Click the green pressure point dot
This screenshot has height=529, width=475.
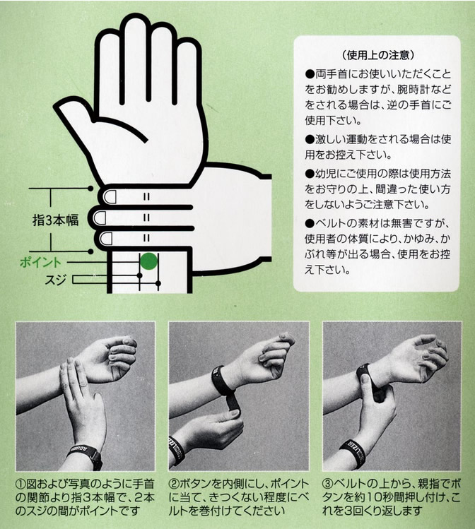[149, 261]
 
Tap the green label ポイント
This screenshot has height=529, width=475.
[40, 262]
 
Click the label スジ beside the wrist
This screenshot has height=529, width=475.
[55, 280]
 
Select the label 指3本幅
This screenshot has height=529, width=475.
[55, 220]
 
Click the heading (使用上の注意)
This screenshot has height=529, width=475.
[377, 55]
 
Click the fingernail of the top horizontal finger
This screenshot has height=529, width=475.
[110, 196]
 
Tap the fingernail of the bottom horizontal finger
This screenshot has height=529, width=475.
[106, 239]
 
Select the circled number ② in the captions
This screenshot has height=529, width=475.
[174, 484]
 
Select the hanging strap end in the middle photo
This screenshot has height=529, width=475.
[234, 401]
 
